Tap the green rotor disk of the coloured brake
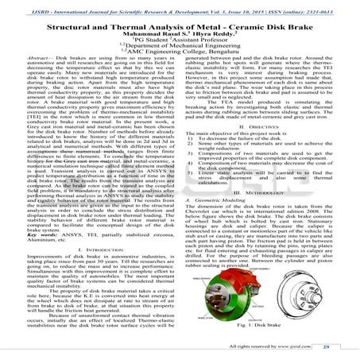(x=294, y=306)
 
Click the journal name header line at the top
(x=180, y=6)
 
